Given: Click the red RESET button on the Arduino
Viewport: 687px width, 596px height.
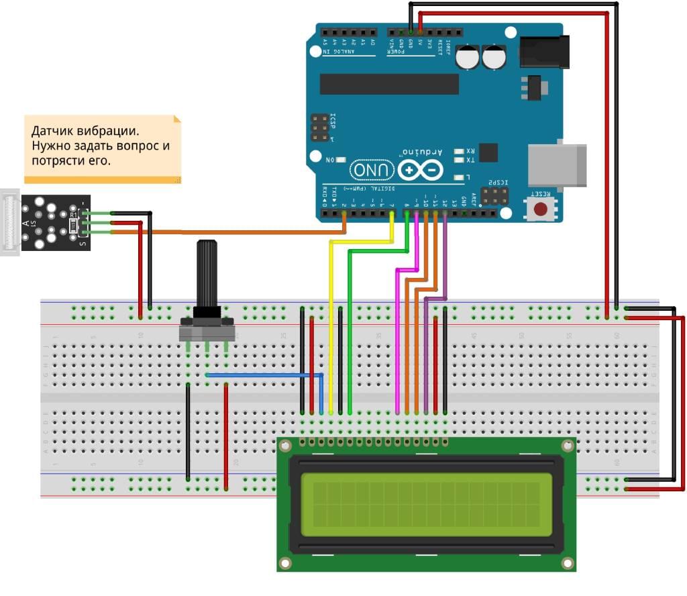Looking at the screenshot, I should [540, 209].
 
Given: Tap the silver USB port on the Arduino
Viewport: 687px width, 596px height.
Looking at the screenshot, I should [558, 166].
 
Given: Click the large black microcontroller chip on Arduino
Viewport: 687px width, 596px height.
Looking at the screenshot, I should [389, 84].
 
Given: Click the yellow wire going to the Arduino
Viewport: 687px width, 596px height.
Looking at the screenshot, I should [331, 322].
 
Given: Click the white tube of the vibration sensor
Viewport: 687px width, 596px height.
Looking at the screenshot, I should [10, 222].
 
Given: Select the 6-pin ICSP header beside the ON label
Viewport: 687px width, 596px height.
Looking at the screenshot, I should [320, 128].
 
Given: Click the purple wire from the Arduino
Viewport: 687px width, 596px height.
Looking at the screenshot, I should [427, 349].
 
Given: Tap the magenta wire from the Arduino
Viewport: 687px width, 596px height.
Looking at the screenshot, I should [398, 336].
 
